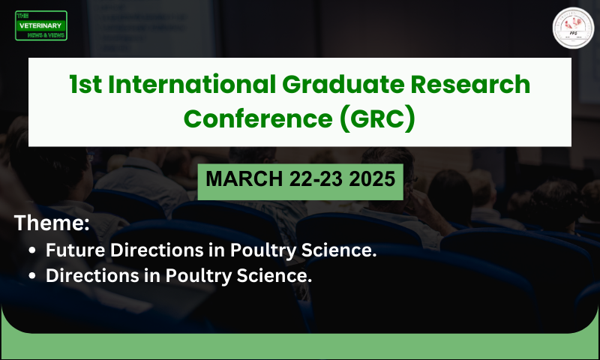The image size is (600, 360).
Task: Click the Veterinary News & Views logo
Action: point(41,26)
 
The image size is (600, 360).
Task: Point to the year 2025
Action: point(373,180)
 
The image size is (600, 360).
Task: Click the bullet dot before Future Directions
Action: point(31,250)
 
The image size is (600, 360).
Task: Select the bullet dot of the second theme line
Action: point(31,276)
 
